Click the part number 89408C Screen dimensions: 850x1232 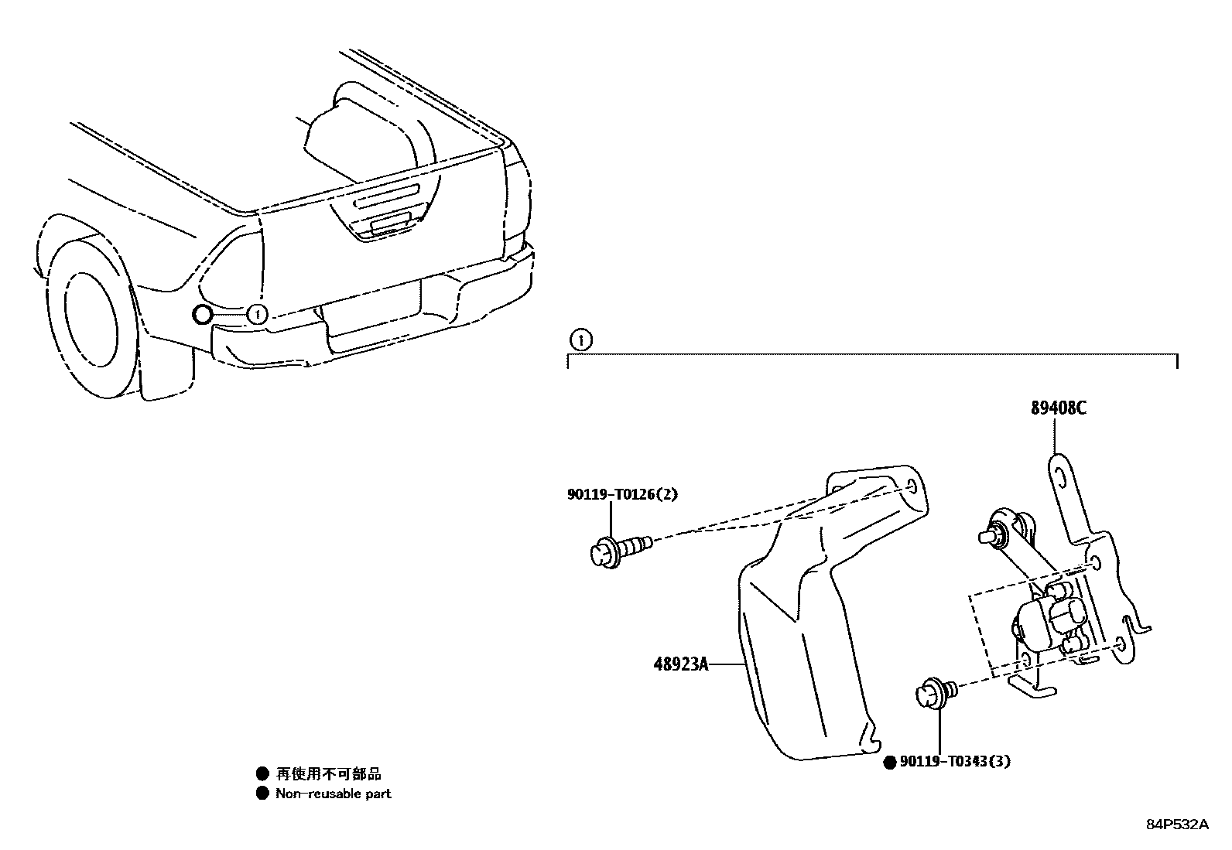click(x=1057, y=408)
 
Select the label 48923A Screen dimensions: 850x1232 click(x=679, y=664)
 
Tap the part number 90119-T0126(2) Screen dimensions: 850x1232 click(x=621, y=494)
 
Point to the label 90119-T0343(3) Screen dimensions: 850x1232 click(x=954, y=762)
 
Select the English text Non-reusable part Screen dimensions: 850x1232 click(x=334, y=794)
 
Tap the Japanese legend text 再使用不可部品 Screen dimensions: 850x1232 click(x=329, y=773)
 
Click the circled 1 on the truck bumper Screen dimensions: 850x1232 click(x=257, y=314)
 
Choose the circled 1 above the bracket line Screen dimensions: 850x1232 click(x=580, y=339)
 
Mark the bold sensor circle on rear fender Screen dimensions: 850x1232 click(x=201, y=314)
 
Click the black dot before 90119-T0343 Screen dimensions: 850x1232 click(x=890, y=763)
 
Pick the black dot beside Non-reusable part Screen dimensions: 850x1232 click(x=263, y=794)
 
